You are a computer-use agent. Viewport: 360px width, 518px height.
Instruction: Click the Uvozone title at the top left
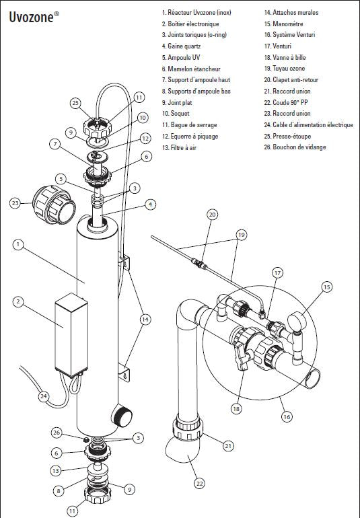(34, 17)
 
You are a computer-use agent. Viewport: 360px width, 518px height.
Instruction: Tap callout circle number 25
(76, 103)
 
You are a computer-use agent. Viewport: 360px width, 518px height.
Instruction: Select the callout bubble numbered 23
(15, 203)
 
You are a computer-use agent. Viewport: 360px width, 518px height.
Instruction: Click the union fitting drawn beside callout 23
(54, 205)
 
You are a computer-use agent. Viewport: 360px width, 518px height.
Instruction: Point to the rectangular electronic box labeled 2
(71, 335)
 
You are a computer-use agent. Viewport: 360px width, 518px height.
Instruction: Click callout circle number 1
(18, 245)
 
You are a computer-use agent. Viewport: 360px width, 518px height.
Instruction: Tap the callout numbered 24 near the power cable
(44, 396)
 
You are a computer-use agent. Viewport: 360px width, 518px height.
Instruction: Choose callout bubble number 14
(145, 320)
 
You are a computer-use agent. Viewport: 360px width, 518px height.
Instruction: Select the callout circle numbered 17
(277, 273)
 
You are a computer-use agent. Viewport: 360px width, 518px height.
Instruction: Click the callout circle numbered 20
(212, 215)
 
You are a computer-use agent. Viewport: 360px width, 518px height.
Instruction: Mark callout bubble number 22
(199, 484)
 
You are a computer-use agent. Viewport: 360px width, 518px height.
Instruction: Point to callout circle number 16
(287, 416)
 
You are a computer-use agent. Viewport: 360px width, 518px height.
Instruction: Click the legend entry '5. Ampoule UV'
(181, 57)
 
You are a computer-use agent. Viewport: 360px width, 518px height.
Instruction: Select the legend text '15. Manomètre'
(283, 24)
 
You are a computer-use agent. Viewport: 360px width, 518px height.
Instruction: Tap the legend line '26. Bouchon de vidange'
(295, 147)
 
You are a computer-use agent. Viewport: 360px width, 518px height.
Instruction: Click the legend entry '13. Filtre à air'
(179, 148)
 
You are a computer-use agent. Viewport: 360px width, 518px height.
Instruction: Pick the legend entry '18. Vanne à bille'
(285, 57)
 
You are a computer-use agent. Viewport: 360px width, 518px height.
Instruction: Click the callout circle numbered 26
(57, 433)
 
